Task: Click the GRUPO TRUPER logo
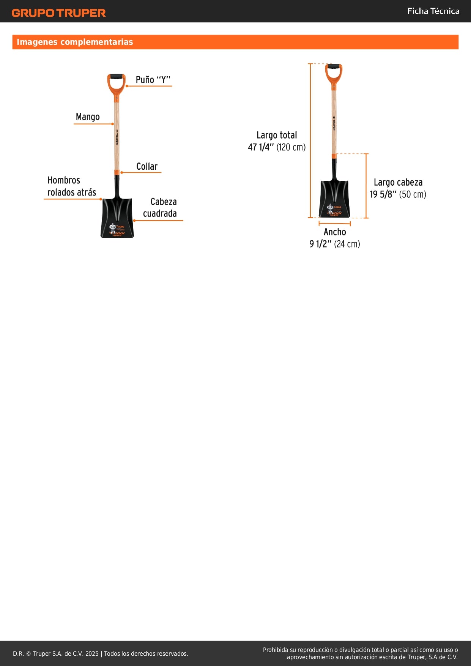pyautogui.click(x=59, y=13)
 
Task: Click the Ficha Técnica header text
pyautogui.click(x=433, y=11)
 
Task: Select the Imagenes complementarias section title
pyautogui.click(x=75, y=42)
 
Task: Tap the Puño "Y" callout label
pyautogui.click(x=153, y=80)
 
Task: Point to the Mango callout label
pyautogui.click(x=88, y=117)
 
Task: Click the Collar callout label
pyautogui.click(x=147, y=166)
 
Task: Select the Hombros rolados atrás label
pyautogui.click(x=72, y=186)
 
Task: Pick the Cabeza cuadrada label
pyautogui.click(x=160, y=207)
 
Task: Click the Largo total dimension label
pyautogui.click(x=277, y=135)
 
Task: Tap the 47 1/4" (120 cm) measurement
pyautogui.click(x=277, y=147)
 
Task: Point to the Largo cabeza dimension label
pyautogui.click(x=398, y=182)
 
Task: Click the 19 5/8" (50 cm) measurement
pyautogui.click(x=398, y=194)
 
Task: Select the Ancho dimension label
pyautogui.click(x=335, y=232)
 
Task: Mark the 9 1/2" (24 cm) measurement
pyautogui.click(x=335, y=244)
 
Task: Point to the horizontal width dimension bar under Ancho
pyautogui.click(x=334, y=224)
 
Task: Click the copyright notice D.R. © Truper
pyautogui.click(x=101, y=653)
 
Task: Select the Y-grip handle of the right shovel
pyautogui.click(x=334, y=73)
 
